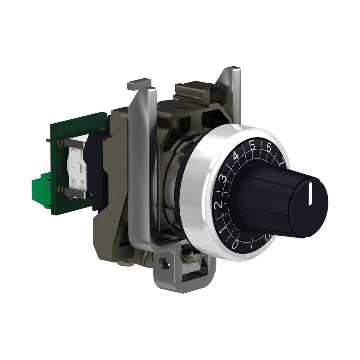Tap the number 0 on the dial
click(235, 243)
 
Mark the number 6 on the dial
click(269, 147)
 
